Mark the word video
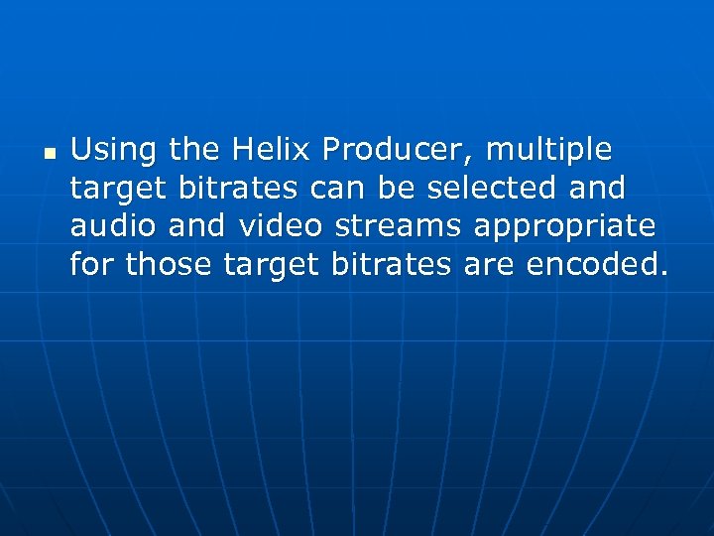[281, 226]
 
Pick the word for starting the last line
[92, 264]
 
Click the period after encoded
[664, 273]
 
